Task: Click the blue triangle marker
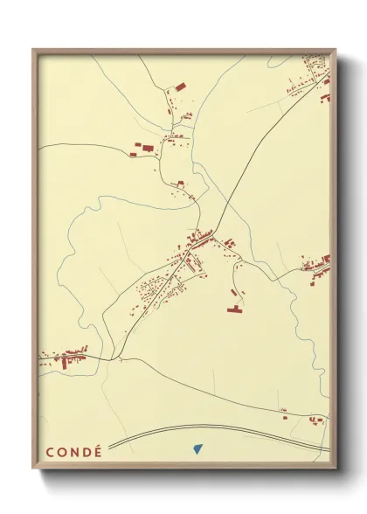197,449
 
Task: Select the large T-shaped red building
235,308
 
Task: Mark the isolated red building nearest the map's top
181,86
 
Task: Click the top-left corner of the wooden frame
34,50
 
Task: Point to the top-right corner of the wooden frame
336,50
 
